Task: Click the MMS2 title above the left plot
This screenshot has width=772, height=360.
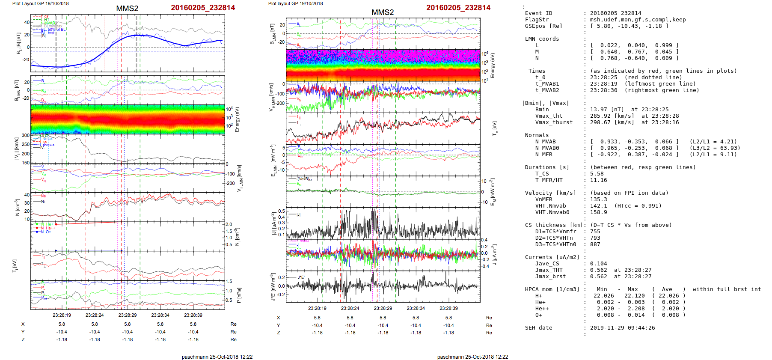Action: click(x=127, y=9)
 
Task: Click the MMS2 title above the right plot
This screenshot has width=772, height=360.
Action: click(x=383, y=12)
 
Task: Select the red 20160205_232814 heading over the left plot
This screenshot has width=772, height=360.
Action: click(x=203, y=8)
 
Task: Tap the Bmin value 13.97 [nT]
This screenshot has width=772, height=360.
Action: click(x=606, y=110)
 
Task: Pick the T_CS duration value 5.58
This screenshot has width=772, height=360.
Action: click(x=597, y=174)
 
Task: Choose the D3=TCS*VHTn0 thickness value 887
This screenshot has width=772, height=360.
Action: click(x=595, y=244)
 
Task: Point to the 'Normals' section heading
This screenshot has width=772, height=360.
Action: click(x=537, y=135)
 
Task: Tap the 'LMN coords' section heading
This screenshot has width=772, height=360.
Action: click(x=542, y=39)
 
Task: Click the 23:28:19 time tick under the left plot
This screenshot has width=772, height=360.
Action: click(x=62, y=315)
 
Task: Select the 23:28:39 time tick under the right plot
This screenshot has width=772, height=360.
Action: click(x=448, y=308)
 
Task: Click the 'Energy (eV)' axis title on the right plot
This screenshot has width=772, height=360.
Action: click(x=493, y=65)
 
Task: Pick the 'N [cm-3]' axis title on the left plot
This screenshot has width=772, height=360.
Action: click(x=18, y=207)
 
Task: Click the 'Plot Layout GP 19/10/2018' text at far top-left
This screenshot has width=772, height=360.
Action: click(x=41, y=3)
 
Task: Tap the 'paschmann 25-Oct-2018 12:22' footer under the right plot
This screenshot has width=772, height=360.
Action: click(x=472, y=357)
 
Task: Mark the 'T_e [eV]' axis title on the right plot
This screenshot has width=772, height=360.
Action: click(x=495, y=128)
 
